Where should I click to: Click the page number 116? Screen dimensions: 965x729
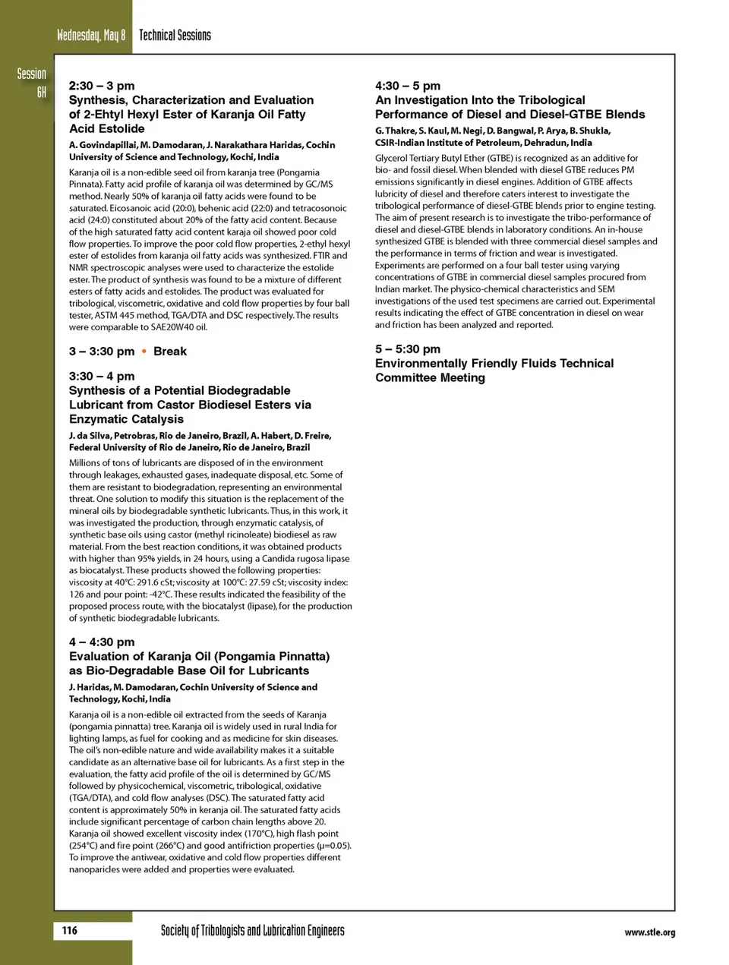tap(69, 930)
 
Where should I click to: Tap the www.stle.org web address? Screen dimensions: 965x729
tap(649, 932)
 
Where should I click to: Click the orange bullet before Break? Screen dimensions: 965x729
tap(144, 351)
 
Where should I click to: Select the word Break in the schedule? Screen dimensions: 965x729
tap(169, 351)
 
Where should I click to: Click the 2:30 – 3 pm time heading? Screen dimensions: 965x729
tap(102, 86)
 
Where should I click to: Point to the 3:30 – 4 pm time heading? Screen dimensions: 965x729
tap(102, 376)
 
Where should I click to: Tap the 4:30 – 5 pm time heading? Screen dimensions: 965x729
tap(408, 86)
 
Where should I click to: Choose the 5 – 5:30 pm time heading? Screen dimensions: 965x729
tap(408, 348)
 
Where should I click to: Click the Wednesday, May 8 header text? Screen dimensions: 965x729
tap(91, 35)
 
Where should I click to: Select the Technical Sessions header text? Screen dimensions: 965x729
tap(175, 35)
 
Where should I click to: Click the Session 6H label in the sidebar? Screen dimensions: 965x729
tap(33, 83)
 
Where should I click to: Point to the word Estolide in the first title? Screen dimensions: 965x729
tap(119, 128)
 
